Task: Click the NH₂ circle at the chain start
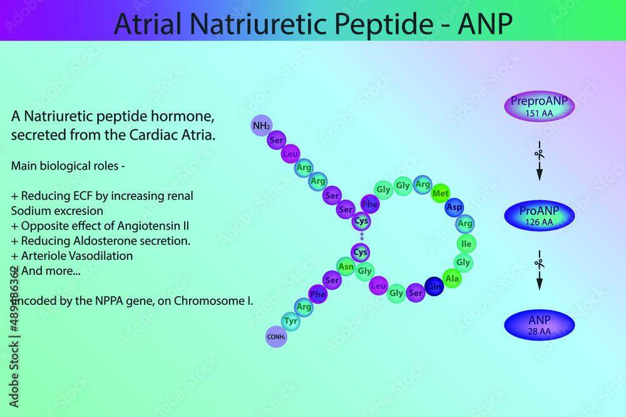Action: pyautogui.click(x=261, y=126)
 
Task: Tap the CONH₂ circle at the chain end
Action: pyautogui.click(x=276, y=337)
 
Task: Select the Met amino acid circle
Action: pyautogui.click(x=441, y=194)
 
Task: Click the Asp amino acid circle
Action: pyautogui.click(x=454, y=207)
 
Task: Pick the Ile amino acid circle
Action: pyautogui.click(x=466, y=243)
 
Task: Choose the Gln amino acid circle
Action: pyautogui.click(x=434, y=287)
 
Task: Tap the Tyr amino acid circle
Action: pyautogui.click(x=291, y=321)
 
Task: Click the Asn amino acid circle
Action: pyautogui.click(x=346, y=266)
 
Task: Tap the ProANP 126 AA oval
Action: pyautogui.click(x=539, y=215)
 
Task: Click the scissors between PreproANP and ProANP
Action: pyautogui.click(x=538, y=154)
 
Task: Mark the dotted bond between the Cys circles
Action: pyautogui.click(x=361, y=237)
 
